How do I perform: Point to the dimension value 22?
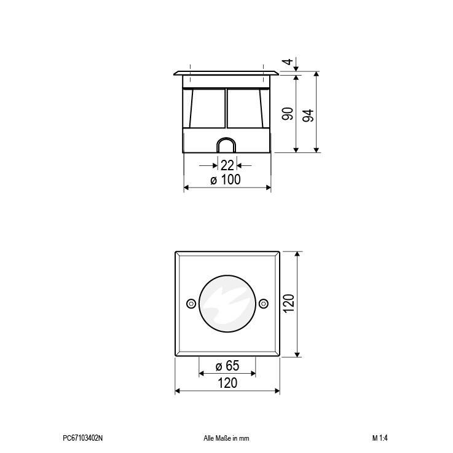click(227, 165)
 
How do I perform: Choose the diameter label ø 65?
click(227, 366)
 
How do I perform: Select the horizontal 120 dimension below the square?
click(227, 383)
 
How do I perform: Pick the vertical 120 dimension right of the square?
click(289, 304)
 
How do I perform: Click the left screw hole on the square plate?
click(191, 303)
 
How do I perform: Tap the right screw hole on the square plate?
click(264, 303)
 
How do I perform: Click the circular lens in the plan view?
click(227, 303)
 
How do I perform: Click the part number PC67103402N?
click(83, 438)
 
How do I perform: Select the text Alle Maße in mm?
click(226, 438)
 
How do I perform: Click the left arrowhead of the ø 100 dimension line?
click(187, 188)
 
